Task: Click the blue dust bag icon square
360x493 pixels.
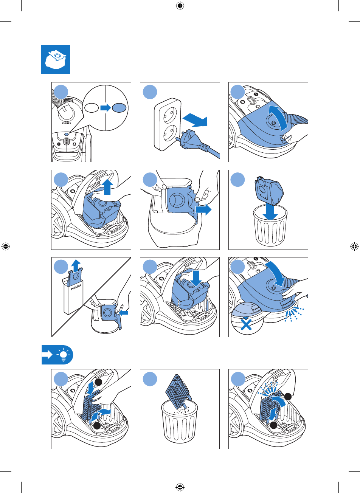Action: pos(55,59)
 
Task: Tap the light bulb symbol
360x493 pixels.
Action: pos(64,354)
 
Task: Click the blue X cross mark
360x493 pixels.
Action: pos(246,325)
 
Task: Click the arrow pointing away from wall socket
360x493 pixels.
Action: pos(195,120)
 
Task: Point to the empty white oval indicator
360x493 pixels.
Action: pos(92,108)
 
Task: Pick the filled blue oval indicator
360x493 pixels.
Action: pos(119,108)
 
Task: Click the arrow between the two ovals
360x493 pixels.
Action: pos(106,108)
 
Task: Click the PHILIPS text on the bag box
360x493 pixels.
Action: pos(76,287)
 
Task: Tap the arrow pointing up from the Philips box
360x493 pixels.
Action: pos(76,266)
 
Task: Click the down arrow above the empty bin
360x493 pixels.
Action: pos(270,212)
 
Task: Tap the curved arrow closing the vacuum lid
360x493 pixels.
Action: pos(276,273)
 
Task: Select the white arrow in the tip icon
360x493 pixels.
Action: pos(47,355)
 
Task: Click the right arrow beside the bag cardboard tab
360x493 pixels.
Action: pos(203,209)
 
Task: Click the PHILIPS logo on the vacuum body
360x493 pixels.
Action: pos(66,123)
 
